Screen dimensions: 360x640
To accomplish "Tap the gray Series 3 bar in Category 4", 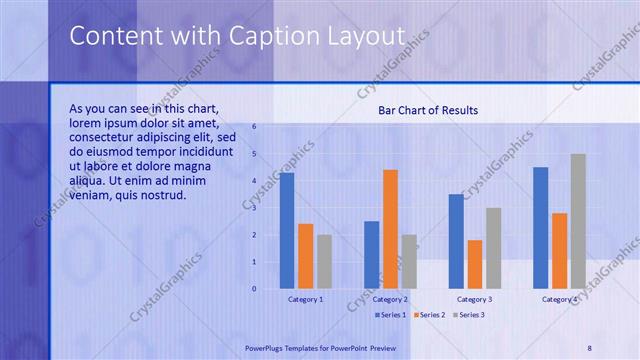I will point(578,221).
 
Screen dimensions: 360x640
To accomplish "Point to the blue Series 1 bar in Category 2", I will point(371,255).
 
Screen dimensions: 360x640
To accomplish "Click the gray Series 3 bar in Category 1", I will point(324,262).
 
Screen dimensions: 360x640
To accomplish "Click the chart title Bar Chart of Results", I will point(428,110).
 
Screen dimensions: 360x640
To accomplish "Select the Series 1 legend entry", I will point(391,315).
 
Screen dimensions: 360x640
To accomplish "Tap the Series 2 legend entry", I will point(429,315).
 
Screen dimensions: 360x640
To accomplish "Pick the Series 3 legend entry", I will point(467,315).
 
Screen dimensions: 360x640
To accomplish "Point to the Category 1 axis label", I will point(306,299).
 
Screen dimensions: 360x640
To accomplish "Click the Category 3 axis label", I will point(475,299).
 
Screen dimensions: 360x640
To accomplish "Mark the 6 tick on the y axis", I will point(255,127).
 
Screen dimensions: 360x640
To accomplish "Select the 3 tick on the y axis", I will point(255,208).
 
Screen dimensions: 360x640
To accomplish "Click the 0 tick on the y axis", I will point(255,289).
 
